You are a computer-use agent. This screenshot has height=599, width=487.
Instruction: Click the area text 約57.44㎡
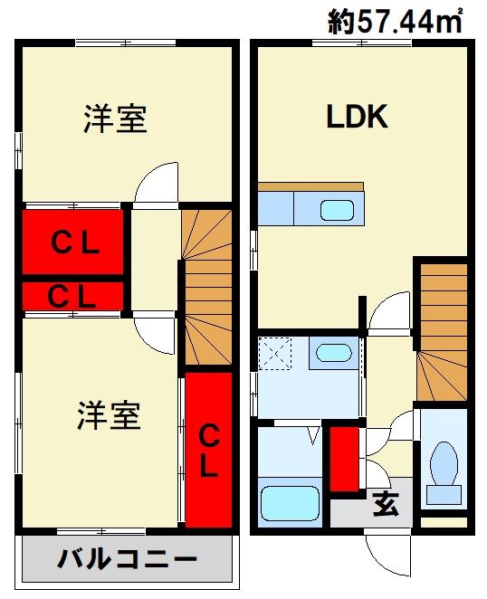click(396, 21)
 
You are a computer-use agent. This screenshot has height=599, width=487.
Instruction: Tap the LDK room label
click(358, 117)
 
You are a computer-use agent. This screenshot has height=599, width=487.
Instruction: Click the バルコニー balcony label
click(128, 560)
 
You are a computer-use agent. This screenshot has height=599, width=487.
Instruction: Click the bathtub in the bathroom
click(291, 503)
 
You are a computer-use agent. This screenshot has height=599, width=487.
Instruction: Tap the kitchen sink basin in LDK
click(337, 211)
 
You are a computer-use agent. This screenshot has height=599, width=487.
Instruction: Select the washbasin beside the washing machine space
click(334, 353)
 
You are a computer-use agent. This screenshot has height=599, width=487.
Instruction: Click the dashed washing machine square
click(275, 354)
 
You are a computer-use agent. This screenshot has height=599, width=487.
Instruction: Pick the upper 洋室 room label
click(115, 119)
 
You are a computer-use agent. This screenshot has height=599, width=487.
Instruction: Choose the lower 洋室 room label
click(110, 416)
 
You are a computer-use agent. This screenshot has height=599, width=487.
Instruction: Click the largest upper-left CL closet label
click(75, 242)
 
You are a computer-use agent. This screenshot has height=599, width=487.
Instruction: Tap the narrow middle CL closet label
click(72, 297)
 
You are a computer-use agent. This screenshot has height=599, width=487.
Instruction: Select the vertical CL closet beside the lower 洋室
click(209, 452)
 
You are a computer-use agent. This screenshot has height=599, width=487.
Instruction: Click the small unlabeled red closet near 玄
click(344, 459)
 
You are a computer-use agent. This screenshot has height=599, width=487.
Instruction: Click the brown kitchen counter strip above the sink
click(310, 186)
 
